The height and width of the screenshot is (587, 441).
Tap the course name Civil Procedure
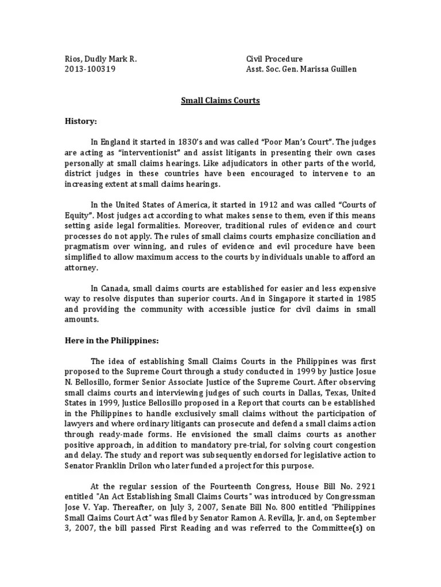coord(274,59)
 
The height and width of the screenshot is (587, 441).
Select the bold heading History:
coord(80,122)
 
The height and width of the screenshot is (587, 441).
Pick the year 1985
coord(363,299)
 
